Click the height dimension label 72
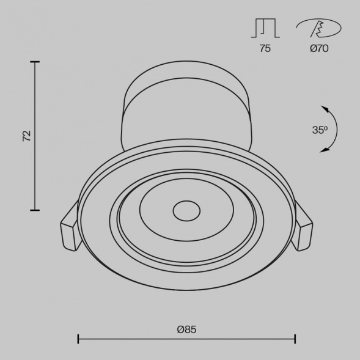point(27,136)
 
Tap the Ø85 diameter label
point(186,329)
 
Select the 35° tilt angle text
point(320,130)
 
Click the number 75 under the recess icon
point(265,48)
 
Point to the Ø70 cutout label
point(319,48)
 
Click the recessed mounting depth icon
point(265,28)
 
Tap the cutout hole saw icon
point(318,28)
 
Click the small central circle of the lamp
point(186,211)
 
